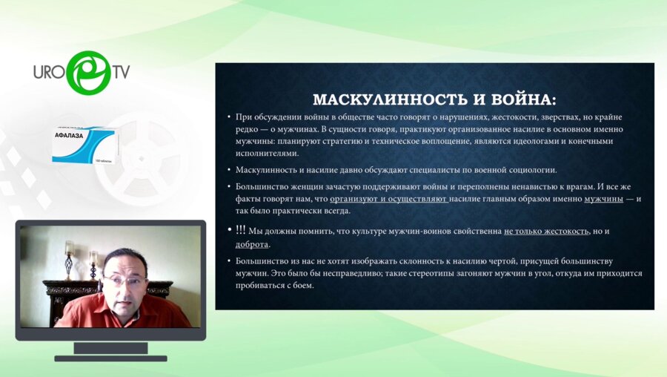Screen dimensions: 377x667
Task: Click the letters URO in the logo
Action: click(50, 72)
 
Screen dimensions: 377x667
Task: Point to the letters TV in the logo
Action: click(121, 72)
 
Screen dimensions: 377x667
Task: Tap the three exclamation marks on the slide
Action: click(242, 231)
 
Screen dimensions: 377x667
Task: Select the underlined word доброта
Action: click(252, 244)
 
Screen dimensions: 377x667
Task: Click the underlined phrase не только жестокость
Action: click(546, 232)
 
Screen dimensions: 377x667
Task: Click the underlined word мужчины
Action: click(603, 199)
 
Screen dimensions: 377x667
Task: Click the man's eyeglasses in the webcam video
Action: click(123, 280)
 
